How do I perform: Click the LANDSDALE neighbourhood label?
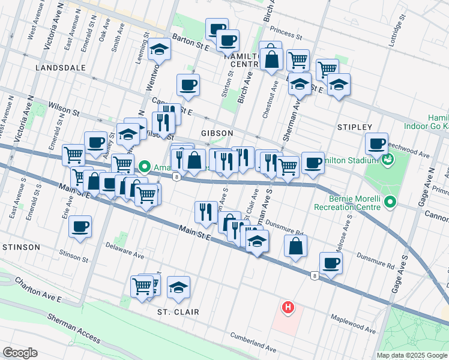(60, 68)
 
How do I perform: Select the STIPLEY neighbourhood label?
(355, 127)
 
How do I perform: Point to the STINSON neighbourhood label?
(20, 247)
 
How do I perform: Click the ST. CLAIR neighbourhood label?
(178, 312)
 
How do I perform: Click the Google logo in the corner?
(20, 353)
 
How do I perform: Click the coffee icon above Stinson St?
(80, 227)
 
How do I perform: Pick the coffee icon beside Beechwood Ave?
(376, 143)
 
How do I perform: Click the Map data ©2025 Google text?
(412, 355)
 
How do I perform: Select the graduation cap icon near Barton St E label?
(160, 50)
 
